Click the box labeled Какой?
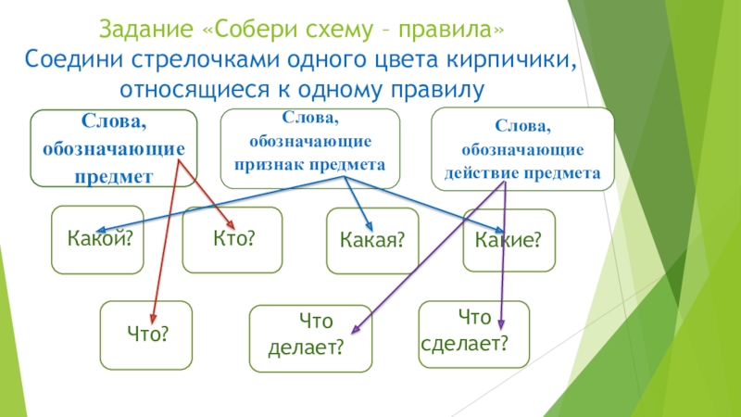97,240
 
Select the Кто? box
232,239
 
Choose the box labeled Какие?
508,240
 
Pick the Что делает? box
310,335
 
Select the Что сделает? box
474,332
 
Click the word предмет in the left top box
116,173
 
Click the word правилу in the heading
435,90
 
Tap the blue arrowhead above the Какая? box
370,228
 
